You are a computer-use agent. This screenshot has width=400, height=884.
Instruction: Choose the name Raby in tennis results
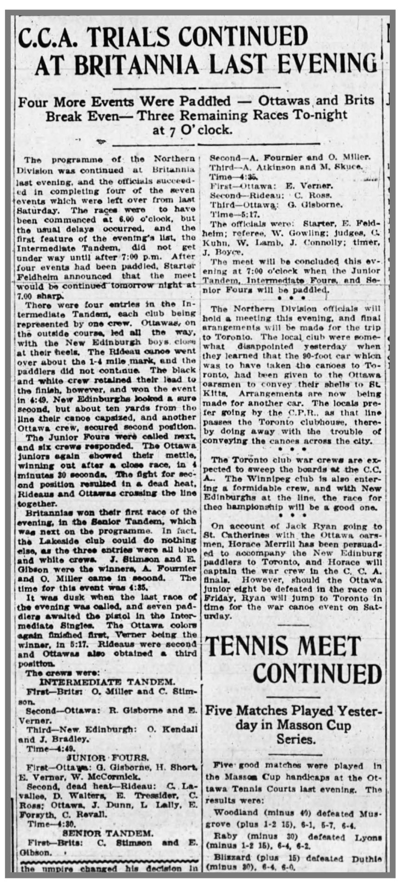[225, 836]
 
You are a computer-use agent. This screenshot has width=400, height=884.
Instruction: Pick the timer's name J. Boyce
[221, 252]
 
